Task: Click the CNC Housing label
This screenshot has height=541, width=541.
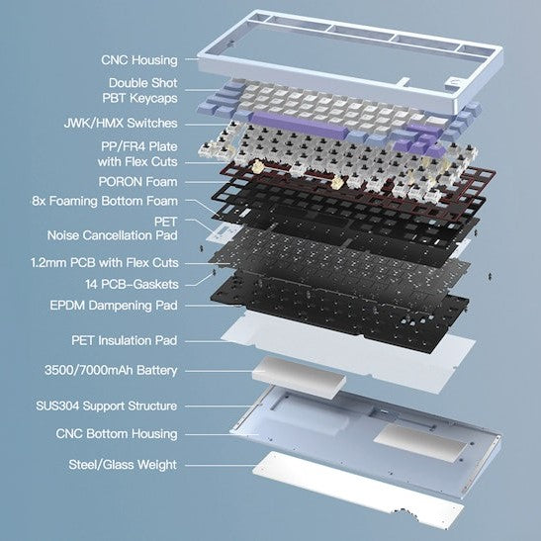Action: pos(139,60)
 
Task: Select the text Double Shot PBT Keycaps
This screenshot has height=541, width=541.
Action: pos(140,90)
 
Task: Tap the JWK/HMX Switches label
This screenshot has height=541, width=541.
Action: pos(121,124)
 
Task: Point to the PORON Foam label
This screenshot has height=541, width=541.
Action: pos(138,182)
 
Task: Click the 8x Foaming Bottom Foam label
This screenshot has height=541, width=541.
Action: pos(105,201)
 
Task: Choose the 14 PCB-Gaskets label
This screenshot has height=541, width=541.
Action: pos(132,284)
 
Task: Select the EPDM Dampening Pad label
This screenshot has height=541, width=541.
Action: pos(114,306)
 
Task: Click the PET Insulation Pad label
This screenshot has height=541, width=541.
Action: pos(125,340)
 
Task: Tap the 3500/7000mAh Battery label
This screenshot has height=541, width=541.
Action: pos(111,370)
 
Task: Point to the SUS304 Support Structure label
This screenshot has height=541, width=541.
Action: pos(106,406)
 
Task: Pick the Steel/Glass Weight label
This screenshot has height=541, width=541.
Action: pos(123,465)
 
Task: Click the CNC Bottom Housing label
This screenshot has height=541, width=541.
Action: pos(117,434)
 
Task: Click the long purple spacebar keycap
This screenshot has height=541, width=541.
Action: pos(300,125)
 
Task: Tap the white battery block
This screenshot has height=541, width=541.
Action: pos(299,378)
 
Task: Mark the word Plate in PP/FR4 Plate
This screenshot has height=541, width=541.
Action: pos(163,146)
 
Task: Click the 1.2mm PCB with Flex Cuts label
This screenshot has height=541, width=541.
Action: pos(105,263)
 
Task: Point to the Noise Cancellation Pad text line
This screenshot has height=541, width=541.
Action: pos(113,235)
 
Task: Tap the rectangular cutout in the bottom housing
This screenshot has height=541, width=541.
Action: pos(420,443)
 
